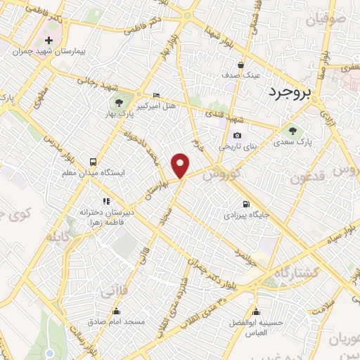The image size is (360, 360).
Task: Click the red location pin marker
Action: click(181, 165)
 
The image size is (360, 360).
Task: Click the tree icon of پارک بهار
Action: click(127, 104)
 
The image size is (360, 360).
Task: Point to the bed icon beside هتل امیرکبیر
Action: click(156, 95)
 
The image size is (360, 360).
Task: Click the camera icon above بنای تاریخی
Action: click(237, 135)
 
